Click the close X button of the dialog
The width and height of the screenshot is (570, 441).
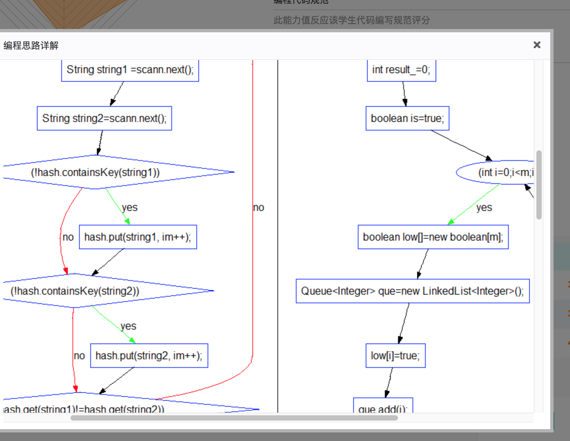tap(537, 45)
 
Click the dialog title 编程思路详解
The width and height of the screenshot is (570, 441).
tap(31, 45)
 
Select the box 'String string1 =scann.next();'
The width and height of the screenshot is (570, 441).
tap(130, 70)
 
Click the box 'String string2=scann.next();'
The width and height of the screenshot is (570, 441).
tap(104, 118)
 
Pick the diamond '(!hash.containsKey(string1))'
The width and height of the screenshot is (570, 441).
tap(96, 172)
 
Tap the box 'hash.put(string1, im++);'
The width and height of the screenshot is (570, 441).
tap(138, 237)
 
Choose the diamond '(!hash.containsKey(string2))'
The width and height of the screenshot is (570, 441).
tap(75, 291)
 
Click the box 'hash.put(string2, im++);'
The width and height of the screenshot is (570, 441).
tap(149, 356)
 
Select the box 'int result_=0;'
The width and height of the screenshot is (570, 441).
tap(401, 70)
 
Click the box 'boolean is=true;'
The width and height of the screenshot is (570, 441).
tap(407, 118)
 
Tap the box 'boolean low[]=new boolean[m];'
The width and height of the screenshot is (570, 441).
tap(433, 237)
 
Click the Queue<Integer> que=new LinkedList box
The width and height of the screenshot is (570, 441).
tap(413, 291)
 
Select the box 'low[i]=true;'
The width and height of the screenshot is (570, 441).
tap(395, 356)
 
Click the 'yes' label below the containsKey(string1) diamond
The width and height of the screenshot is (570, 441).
tap(129, 208)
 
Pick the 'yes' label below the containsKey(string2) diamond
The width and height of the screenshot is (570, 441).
tap(128, 326)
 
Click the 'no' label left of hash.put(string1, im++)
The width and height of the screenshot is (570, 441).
tap(68, 237)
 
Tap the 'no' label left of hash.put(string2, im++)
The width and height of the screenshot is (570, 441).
tap(79, 356)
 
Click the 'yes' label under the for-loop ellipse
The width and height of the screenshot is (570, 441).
tap(484, 208)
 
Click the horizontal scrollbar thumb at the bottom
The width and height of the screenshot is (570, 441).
tap(234, 418)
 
